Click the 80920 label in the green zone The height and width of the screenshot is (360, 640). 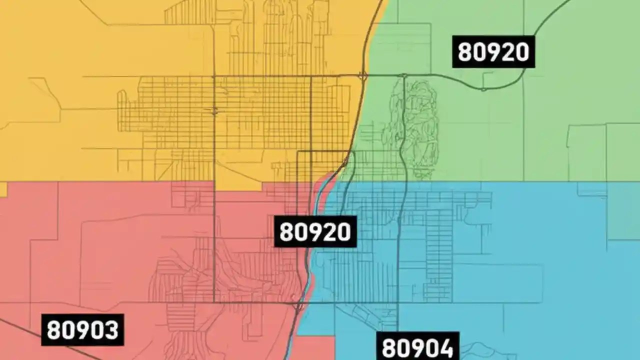(493, 51)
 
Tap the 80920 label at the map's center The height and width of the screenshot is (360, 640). (315, 231)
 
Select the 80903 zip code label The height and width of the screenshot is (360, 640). (82, 329)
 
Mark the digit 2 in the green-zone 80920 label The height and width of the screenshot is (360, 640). (508, 52)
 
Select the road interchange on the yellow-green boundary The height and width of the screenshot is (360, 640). (363, 76)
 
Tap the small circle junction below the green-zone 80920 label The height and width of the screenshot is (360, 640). (483, 89)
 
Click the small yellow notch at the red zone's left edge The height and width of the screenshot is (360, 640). (3, 189)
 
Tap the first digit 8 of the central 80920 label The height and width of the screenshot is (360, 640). (286, 232)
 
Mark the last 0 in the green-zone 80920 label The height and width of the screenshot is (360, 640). (522, 52)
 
